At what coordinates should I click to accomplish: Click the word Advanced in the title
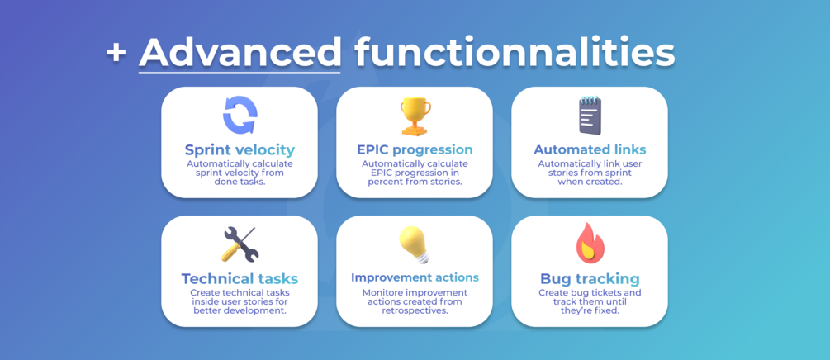tap(240, 52)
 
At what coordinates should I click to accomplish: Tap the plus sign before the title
tap(116, 54)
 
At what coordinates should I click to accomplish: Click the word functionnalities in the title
tap(515, 52)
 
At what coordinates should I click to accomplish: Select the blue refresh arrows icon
tap(240, 115)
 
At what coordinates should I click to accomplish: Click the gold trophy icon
tap(415, 116)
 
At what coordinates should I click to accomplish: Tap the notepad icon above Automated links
tap(590, 115)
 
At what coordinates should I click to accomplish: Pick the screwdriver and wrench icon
tap(240, 244)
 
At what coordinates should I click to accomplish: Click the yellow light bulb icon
tap(415, 244)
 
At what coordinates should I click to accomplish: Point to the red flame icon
tap(590, 244)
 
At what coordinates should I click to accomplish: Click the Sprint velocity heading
tap(240, 149)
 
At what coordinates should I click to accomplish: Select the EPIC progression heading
tap(415, 149)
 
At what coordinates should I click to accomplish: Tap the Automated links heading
tap(590, 149)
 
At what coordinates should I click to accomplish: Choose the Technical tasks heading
tap(240, 278)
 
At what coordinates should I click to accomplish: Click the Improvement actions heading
tap(415, 278)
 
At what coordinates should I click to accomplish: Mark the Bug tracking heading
tap(590, 278)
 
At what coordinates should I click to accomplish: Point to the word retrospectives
tap(415, 311)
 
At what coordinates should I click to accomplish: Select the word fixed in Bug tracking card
tap(607, 310)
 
